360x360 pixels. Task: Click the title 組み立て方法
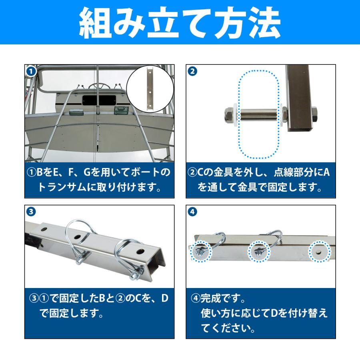[x=180, y=23]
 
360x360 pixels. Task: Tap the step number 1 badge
[x=30, y=71]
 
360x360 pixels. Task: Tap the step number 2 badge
[x=192, y=71]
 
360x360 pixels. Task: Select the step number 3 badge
[x=30, y=212]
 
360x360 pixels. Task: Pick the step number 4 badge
[x=192, y=212]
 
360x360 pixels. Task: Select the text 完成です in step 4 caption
[x=222, y=298]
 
